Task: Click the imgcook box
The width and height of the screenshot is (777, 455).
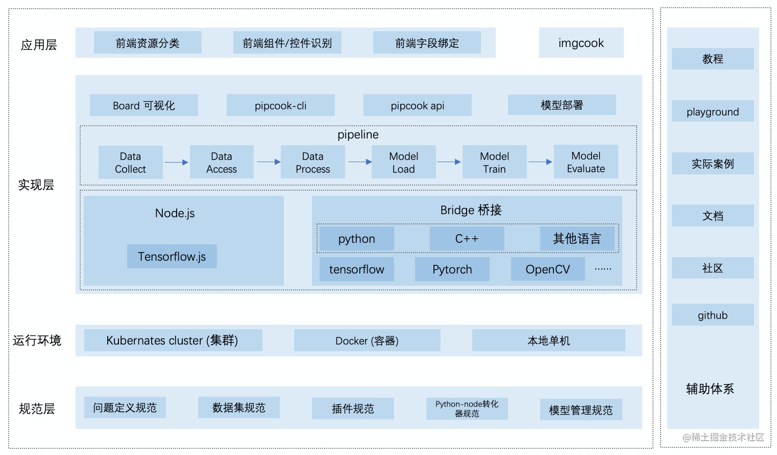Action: tap(581, 43)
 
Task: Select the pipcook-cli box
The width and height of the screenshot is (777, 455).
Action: tap(281, 105)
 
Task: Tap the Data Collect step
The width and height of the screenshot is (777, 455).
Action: tap(130, 162)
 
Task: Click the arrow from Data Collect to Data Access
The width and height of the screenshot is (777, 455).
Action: tap(176, 162)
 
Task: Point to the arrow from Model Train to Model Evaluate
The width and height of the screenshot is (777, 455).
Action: tap(540, 162)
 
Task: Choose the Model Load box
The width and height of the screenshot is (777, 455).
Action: tap(403, 162)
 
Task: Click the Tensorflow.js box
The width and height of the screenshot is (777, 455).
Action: tap(172, 256)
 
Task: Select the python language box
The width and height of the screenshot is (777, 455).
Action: tap(356, 239)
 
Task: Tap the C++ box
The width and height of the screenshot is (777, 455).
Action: tap(467, 239)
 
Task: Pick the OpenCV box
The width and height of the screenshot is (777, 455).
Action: tap(548, 269)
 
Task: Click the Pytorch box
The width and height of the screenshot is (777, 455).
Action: tap(452, 269)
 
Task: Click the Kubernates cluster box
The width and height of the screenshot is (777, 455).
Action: tap(173, 340)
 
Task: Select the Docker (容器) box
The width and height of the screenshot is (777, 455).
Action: tap(367, 340)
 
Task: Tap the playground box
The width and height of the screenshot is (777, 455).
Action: tap(713, 111)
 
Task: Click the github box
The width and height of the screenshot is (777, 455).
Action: tap(713, 315)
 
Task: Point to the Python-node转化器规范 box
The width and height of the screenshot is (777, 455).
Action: tap(467, 408)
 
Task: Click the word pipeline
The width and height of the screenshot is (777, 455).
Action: tap(358, 135)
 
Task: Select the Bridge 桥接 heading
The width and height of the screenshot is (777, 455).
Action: tap(471, 210)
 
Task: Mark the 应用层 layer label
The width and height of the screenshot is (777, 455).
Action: tap(38, 45)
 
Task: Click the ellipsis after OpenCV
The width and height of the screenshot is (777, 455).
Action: tap(603, 269)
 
